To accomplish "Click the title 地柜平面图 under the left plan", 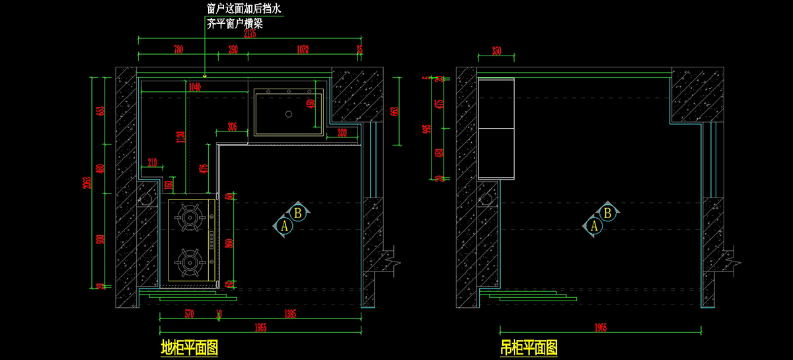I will tap(189, 347).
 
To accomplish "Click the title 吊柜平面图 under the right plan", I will tap(529, 347).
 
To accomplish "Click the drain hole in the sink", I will tap(288, 114).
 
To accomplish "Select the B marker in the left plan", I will tap(298, 213).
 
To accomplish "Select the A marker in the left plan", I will tap(285, 226).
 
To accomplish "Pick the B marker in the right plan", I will tap(608, 213).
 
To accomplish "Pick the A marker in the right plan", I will tap(594, 226).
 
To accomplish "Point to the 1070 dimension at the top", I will tap(302, 50).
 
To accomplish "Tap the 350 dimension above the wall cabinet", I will tap(497, 50).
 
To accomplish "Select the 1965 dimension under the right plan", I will tap(600, 328).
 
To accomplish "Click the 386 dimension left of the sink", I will tap(232, 126).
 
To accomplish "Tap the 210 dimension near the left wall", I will tap(152, 162).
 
